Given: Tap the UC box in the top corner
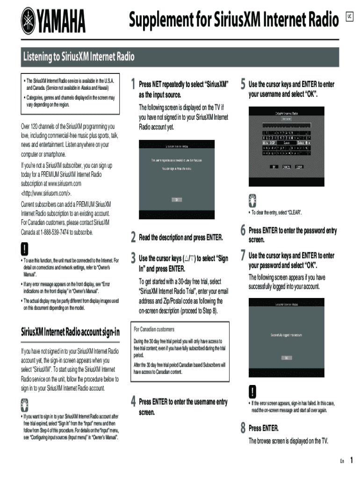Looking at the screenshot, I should tap(348, 18).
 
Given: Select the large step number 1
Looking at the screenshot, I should tap(133, 85).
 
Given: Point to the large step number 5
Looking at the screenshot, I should tap(243, 85).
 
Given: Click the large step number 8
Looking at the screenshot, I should tap(243, 428).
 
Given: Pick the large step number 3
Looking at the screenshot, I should tap(133, 258).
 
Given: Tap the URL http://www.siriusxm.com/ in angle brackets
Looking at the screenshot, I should tap(47, 193).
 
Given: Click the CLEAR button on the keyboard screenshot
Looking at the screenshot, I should tap(299, 167).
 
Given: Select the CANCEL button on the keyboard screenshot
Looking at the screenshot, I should tap(287, 167).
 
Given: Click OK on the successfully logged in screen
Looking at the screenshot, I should tap(287, 358).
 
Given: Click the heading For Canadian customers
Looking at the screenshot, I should tap(154, 329).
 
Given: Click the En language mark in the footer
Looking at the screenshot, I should tap(342, 461).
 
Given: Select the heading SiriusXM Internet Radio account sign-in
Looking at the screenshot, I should tap(70, 332).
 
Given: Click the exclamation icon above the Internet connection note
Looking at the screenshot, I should tap(25, 248).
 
